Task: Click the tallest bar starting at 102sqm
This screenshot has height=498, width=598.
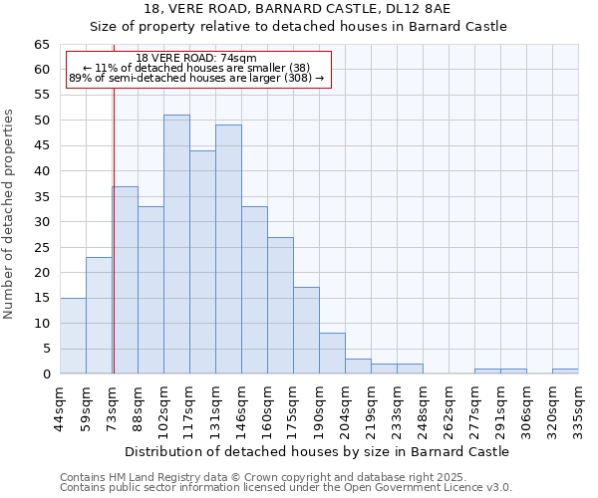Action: [x=176, y=244]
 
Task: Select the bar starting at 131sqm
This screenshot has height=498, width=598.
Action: [x=228, y=249]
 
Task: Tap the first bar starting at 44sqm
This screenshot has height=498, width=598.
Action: [x=73, y=336]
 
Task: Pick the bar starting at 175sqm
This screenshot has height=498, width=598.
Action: [x=306, y=331]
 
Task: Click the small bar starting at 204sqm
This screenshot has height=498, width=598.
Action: [x=358, y=367]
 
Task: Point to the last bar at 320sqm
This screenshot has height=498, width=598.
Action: [x=565, y=372]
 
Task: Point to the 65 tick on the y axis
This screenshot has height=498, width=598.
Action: [x=42, y=45]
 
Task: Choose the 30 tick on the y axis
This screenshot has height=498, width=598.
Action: [x=42, y=222]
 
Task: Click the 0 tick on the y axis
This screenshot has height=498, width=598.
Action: [x=46, y=374]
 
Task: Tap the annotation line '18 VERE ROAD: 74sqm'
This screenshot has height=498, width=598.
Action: [x=196, y=58]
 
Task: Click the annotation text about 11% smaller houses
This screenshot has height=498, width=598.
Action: [x=196, y=68]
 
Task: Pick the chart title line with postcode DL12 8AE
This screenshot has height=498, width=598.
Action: [x=298, y=8]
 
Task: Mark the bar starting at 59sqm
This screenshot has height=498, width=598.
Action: [x=99, y=316]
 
